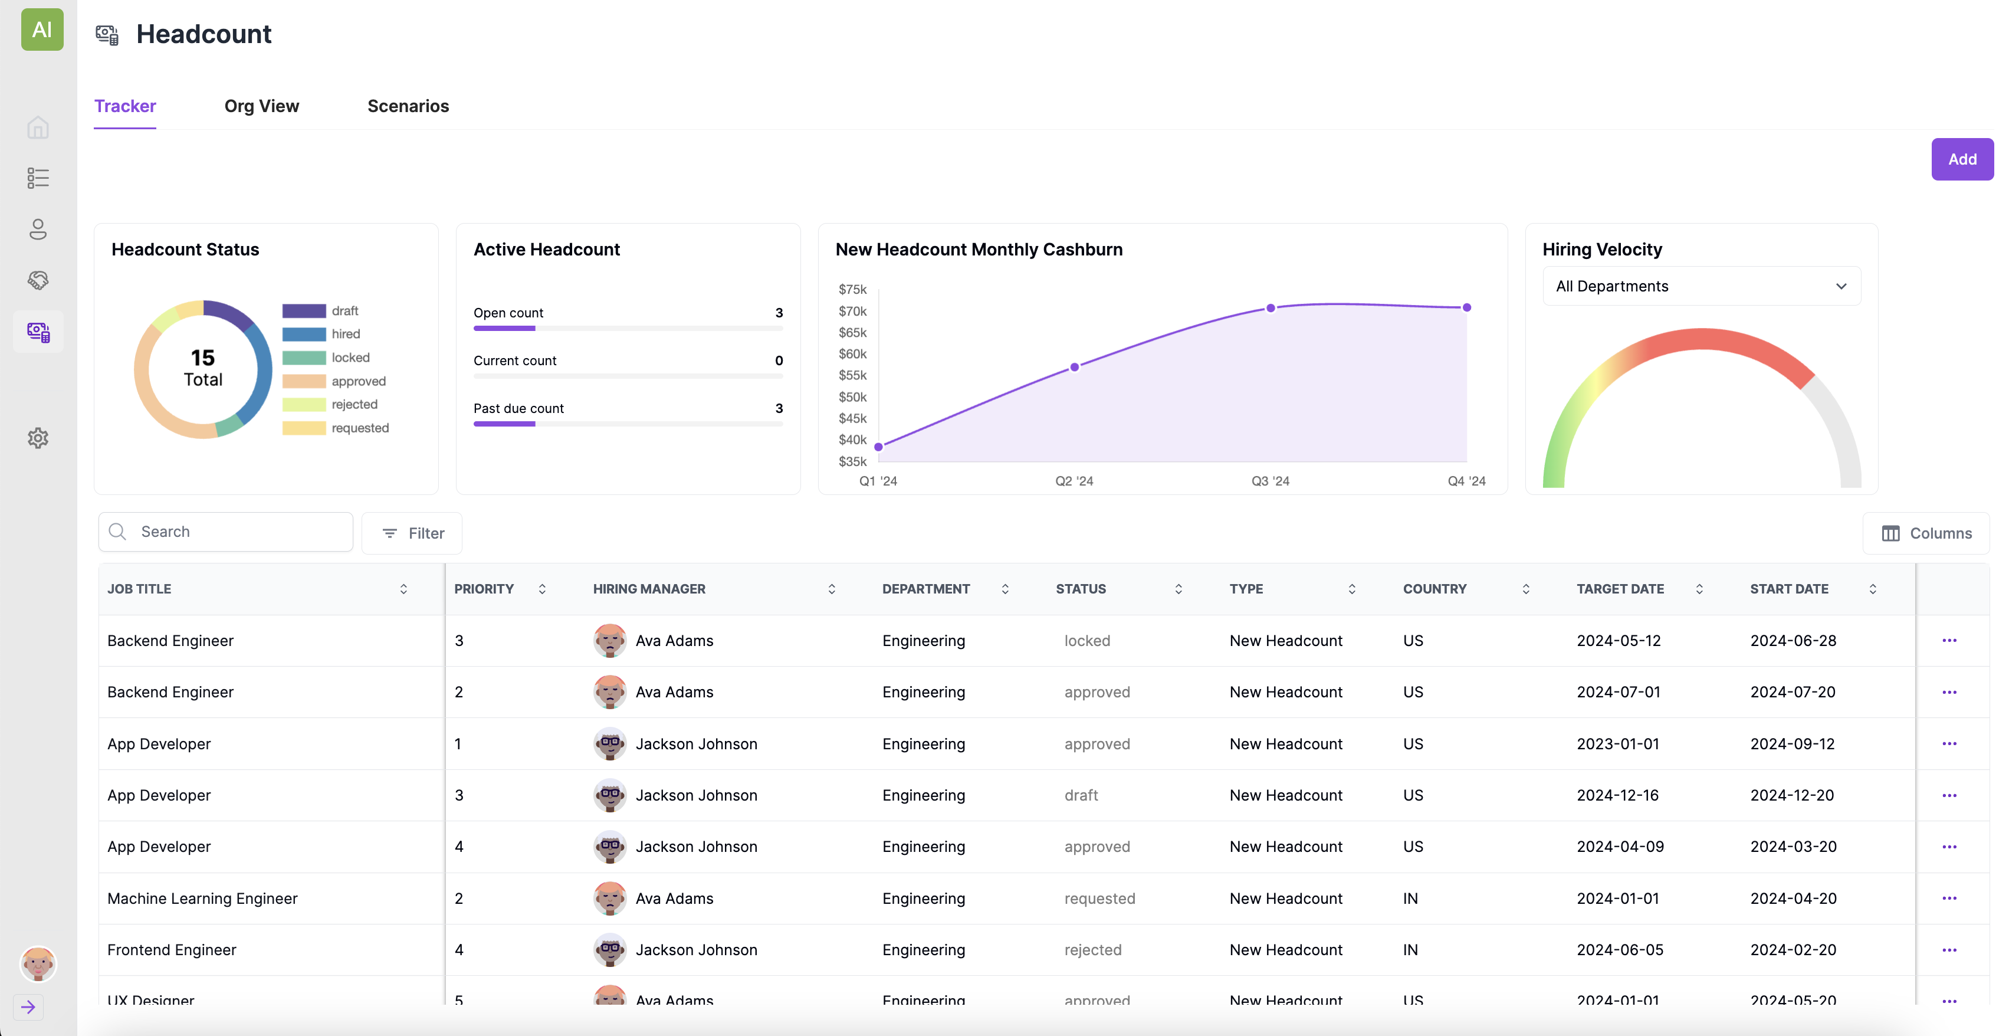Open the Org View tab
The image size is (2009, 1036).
tap(261, 106)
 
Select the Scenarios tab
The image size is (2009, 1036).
tap(408, 106)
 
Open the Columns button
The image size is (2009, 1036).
tap(1926, 533)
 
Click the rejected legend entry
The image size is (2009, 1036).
tap(353, 404)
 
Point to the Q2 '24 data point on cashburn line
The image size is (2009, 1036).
tap(1074, 366)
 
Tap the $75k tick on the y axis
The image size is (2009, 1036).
tap(852, 290)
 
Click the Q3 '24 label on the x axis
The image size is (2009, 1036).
tap(1270, 481)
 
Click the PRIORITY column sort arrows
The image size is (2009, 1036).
tap(542, 589)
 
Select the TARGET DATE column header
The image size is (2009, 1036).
tap(1619, 589)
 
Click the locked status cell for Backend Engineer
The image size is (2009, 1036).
tap(1086, 641)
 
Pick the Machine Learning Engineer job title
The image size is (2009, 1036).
tap(202, 898)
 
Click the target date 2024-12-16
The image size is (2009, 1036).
tap(1617, 795)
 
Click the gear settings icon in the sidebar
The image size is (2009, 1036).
tap(37, 438)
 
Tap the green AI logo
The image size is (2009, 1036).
tap(42, 29)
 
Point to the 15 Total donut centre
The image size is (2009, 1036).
tap(203, 368)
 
